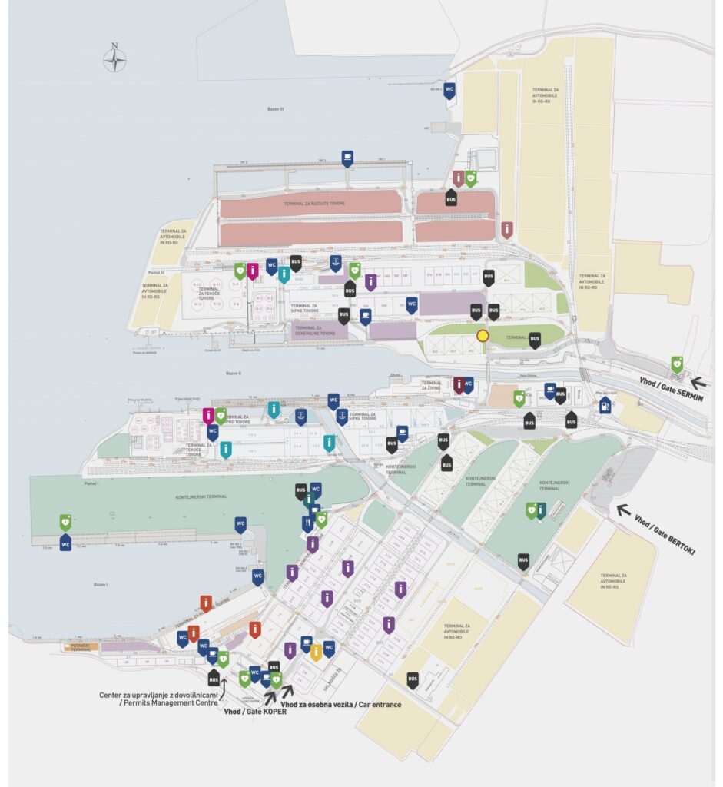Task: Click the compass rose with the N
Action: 114,59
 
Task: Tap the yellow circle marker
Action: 483,335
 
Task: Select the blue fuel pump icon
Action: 605,404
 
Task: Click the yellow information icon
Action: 316,653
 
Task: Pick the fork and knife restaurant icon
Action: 308,523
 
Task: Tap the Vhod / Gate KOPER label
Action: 250,712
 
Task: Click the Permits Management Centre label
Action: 159,700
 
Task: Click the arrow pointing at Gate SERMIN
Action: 700,381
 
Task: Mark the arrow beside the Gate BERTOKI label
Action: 623,509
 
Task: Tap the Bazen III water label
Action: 275,109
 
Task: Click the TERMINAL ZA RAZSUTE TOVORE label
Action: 310,204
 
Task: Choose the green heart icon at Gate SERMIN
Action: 677,364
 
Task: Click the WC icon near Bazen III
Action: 449,89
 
